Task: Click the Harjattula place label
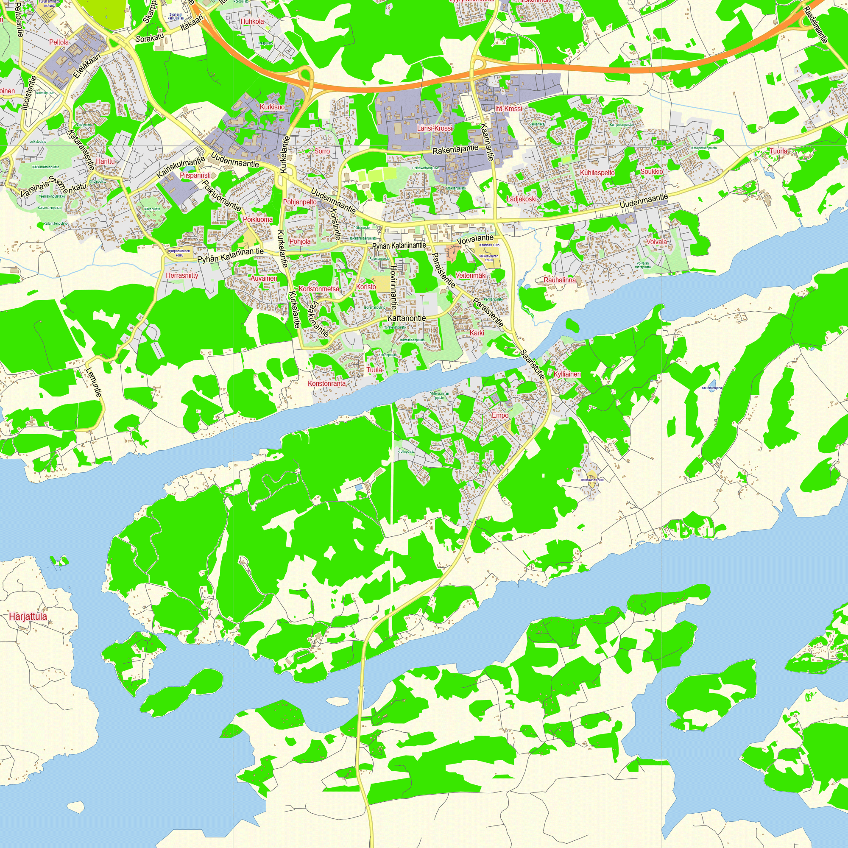[28, 616]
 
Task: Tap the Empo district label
[500, 415]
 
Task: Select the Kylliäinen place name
[567, 374]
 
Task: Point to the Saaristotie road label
[533, 364]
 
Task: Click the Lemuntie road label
[95, 382]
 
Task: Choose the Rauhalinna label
[560, 280]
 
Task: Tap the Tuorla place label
[778, 151]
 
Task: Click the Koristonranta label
[326, 383]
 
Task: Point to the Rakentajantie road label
[455, 149]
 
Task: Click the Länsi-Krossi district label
[435, 128]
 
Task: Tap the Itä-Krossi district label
[509, 109]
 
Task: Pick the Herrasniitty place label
[182, 276]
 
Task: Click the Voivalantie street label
[475, 240]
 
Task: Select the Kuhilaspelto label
[597, 173]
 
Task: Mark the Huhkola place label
[252, 21]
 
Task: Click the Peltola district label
[59, 42]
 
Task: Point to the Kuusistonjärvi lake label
[712, 388]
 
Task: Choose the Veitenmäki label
[471, 275]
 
